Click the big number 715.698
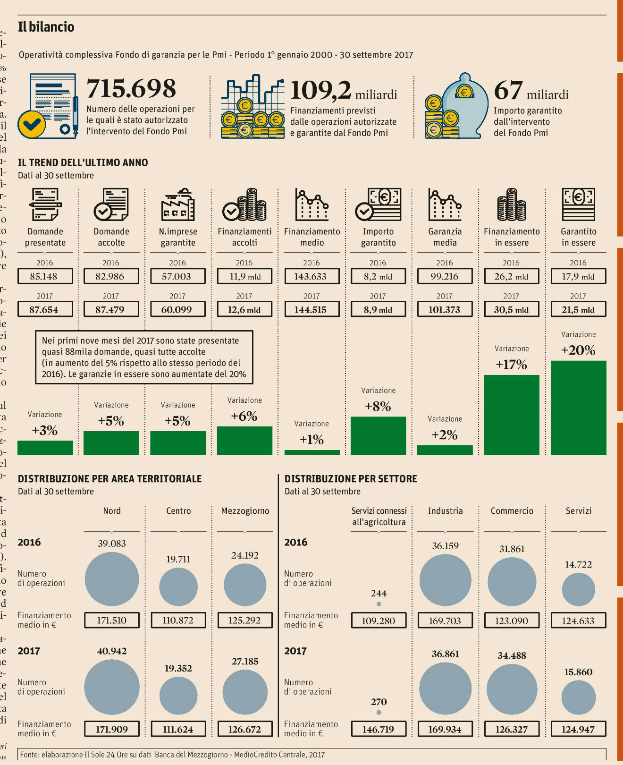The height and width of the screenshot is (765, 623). [131, 89]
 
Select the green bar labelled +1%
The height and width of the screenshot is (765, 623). [312, 452]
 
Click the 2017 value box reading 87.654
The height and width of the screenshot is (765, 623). [45, 310]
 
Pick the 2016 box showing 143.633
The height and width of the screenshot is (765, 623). [311, 276]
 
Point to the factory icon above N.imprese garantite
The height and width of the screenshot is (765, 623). [177, 205]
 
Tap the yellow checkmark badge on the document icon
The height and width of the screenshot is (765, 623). [32, 124]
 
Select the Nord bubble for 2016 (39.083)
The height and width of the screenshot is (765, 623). [112, 579]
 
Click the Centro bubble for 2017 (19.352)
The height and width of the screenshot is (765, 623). [178, 696]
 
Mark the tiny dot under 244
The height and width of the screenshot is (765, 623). [379, 604]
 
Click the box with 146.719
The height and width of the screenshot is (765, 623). [379, 729]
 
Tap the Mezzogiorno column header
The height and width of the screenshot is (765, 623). [245, 511]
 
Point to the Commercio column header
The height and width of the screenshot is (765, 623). [512, 511]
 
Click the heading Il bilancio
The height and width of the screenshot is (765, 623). [46, 27]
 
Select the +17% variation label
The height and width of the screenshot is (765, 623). [511, 365]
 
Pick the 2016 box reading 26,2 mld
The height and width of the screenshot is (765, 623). [512, 276]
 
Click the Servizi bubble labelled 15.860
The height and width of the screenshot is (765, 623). [579, 697]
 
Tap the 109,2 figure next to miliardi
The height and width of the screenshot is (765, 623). [320, 91]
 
